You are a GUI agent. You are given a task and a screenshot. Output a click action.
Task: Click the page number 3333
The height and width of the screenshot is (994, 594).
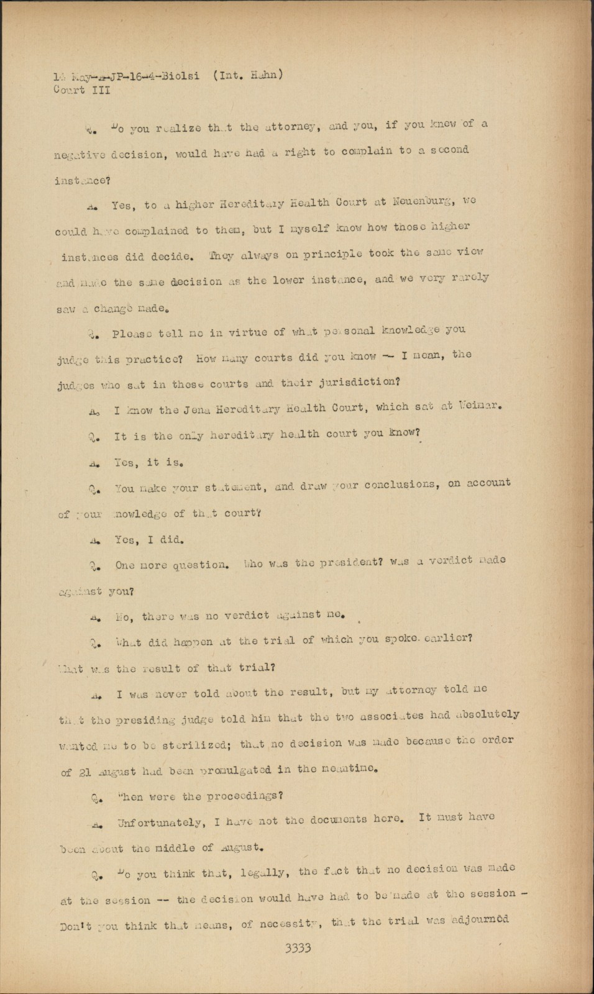point(297,948)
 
